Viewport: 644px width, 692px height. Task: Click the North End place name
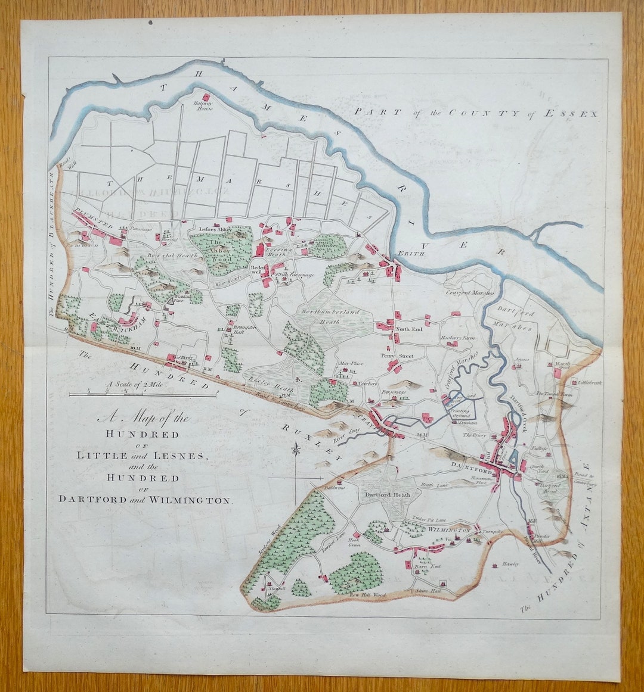[409, 328]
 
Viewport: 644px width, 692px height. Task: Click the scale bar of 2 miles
[143, 394]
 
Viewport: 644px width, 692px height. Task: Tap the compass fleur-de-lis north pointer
[295, 449]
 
